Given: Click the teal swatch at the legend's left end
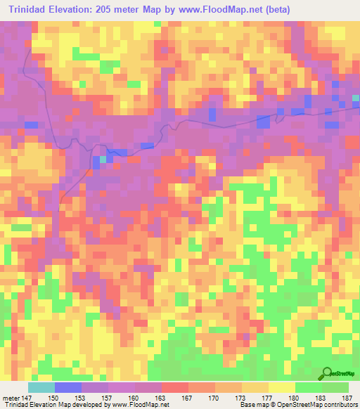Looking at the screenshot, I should (41, 388).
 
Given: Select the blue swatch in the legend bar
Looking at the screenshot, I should (68, 388).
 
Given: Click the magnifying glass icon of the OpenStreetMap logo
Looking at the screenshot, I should (327, 372).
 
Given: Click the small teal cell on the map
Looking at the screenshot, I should (103, 159).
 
